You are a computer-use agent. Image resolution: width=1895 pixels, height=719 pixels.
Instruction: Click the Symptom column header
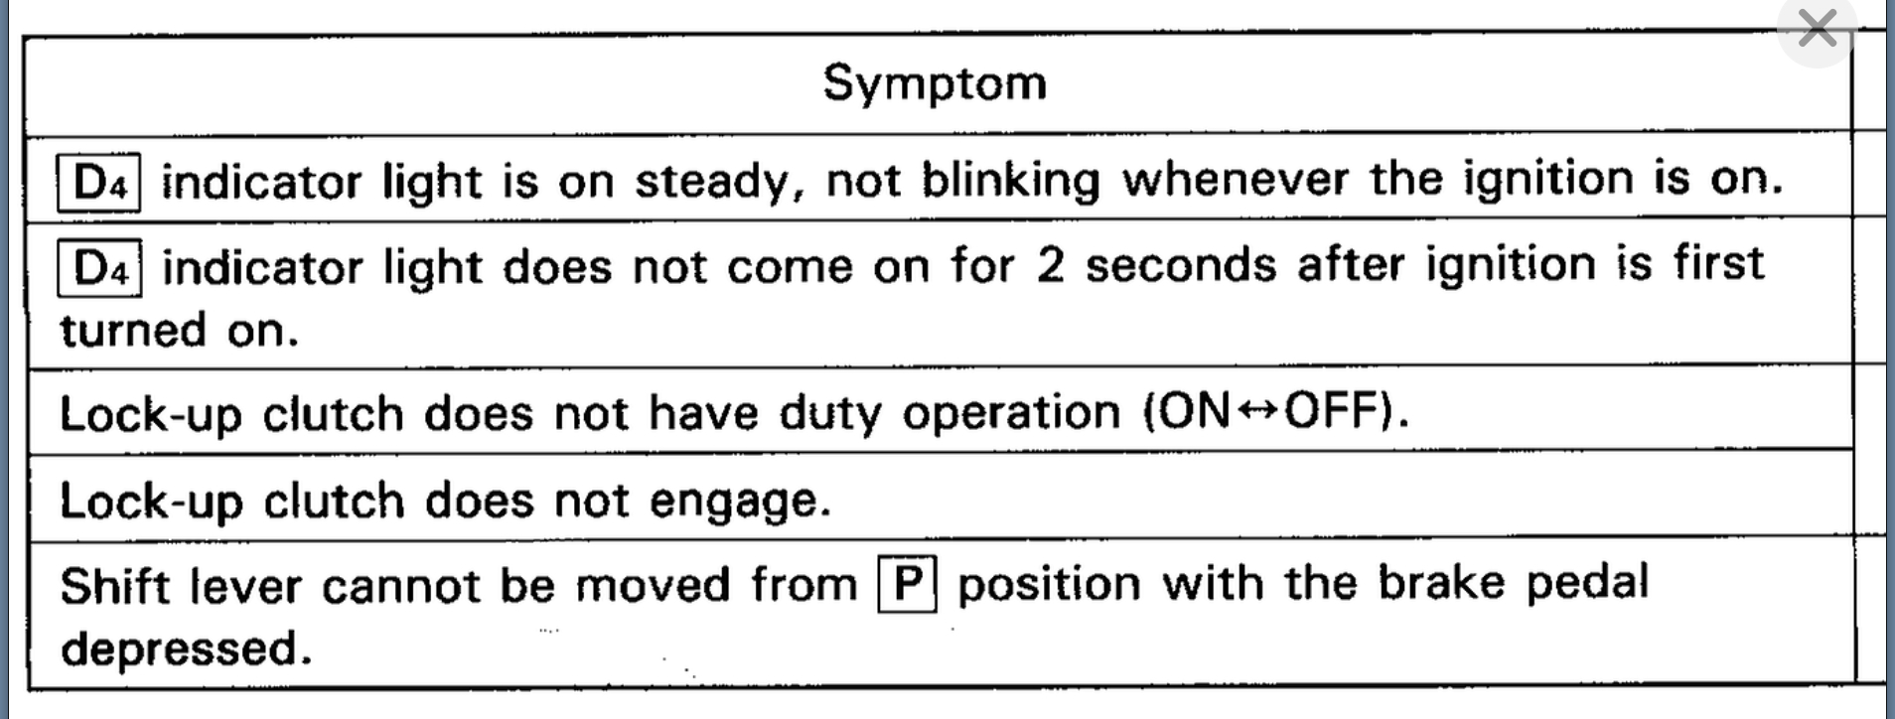point(935,82)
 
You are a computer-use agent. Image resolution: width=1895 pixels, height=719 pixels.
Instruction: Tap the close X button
point(1817,29)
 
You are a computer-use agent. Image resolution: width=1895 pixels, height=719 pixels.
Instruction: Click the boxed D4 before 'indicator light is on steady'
point(99,183)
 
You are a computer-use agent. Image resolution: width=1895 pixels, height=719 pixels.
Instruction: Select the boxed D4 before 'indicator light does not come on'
point(100,268)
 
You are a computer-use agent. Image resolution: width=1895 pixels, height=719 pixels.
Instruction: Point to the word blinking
point(1011,181)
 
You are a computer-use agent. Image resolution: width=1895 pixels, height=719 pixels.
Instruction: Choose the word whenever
point(1235,179)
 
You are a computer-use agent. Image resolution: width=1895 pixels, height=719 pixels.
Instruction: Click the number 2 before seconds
point(1049,266)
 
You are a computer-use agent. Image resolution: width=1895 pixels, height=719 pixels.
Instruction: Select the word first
point(1718,262)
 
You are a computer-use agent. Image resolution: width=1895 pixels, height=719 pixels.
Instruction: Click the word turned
point(132,330)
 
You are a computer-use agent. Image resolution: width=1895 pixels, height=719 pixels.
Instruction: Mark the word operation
point(1011,413)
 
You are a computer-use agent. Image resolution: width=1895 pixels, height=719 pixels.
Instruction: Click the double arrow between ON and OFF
point(1257,410)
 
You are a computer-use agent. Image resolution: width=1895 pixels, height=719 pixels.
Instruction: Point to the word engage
point(739,502)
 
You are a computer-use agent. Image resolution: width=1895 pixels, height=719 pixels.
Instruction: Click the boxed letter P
point(907,585)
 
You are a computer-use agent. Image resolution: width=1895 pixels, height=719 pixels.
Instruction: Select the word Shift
point(114,586)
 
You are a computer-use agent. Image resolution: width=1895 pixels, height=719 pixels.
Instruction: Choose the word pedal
point(1586,583)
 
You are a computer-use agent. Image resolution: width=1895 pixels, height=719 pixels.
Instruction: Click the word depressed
point(186,648)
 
